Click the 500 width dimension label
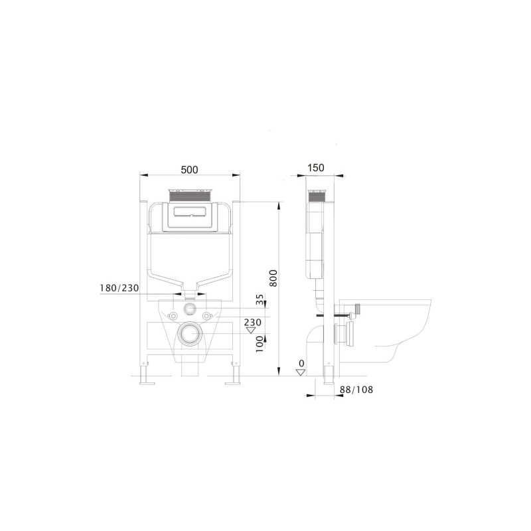189,169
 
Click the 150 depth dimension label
316,168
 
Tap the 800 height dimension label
273,278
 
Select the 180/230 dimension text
119,288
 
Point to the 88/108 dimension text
356,390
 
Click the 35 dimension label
260,300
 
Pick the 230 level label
253,322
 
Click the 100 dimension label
260,344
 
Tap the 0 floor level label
301,364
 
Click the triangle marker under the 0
301,372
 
